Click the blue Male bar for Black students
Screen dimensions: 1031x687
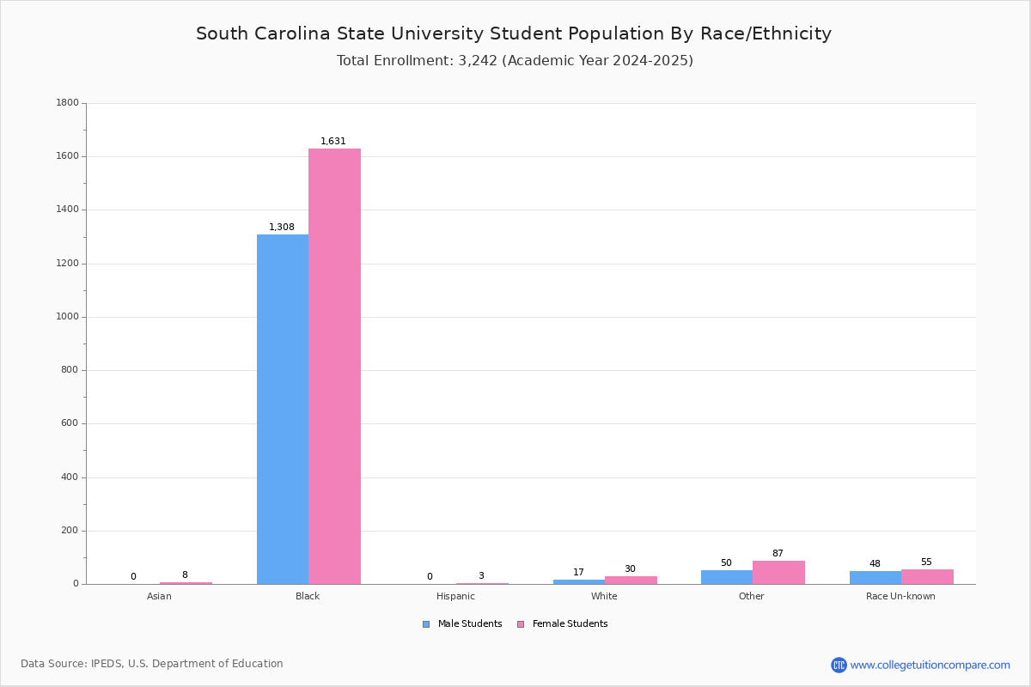tap(283, 409)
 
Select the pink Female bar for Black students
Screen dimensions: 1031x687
tap(334, 367)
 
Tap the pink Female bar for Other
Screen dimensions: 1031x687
tap(778, 573)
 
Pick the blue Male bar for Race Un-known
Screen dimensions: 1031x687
tap(875, 578)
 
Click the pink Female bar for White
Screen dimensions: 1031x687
tap(631, 581)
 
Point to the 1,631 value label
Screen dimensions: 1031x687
tap(333, 142)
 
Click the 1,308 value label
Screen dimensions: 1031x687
tap(282, 227)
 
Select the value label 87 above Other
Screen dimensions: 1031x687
tap(778, 553)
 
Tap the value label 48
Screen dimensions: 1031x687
tap(875, 563)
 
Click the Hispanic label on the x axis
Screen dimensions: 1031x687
tap(455, 596)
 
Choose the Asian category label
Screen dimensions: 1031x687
tap(159, 596)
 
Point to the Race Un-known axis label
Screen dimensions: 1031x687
tap(900, 596)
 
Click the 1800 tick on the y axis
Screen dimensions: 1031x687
tap(68, 102)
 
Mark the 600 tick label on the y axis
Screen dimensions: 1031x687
tap(70, 423)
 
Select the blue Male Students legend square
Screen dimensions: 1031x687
tap(426, 624)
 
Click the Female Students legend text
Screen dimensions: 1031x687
tap(570, 623)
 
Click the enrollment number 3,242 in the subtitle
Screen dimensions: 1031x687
tap(478, 61)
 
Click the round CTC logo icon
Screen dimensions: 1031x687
tap(839, 665)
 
